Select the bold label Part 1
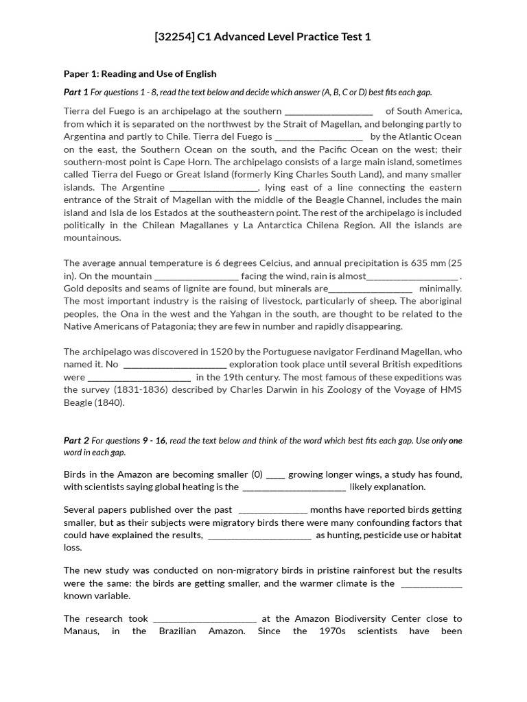tap(76, 93)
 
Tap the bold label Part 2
tap(76, 441)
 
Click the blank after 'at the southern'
tap(329, 111)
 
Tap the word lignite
tap(198, 289)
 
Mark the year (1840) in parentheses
tap(110, 402)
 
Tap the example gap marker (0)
tap(257, 474)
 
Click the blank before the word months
tap(273, 510)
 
